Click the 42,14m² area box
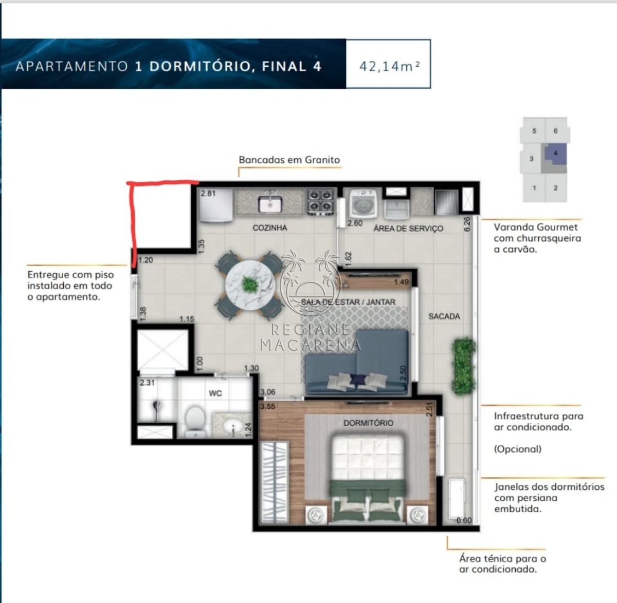coord(388,64)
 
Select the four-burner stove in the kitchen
coord(320,202)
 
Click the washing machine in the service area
coord(363,204)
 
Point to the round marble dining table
coord(250,285)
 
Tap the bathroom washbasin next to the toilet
coord(233,427)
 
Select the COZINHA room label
coord(270,228)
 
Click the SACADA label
coord(444,316)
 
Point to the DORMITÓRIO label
coord(369,423)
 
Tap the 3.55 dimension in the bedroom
coord(268,406)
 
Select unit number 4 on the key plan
coord(555,153)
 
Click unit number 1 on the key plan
coord(534,188)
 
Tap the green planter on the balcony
coord(464,366)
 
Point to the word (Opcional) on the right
coord(517,449)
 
